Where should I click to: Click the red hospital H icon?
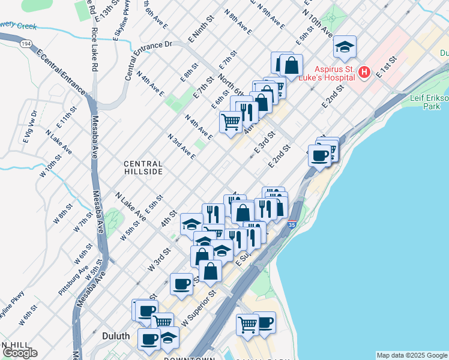point(364,73)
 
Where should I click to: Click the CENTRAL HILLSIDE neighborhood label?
point(143,167)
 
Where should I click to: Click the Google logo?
point(20,353)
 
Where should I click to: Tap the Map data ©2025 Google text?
point(412,355)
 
